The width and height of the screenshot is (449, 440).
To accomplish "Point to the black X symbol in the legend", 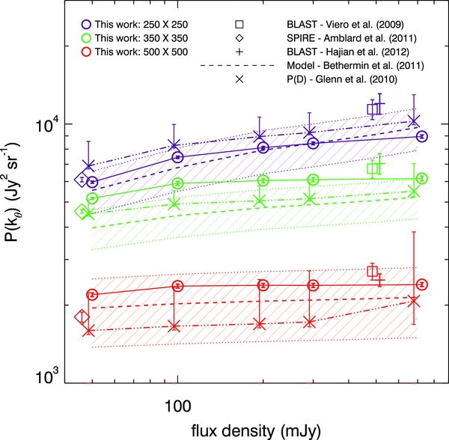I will tap(239, 79).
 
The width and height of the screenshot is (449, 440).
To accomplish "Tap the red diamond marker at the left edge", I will tap(82, 317).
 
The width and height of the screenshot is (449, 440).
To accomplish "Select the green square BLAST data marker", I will tap(373, 168).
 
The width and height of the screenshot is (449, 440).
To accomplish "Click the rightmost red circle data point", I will tap(422, 284).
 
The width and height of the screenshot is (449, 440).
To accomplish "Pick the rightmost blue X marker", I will tap(414, 121).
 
